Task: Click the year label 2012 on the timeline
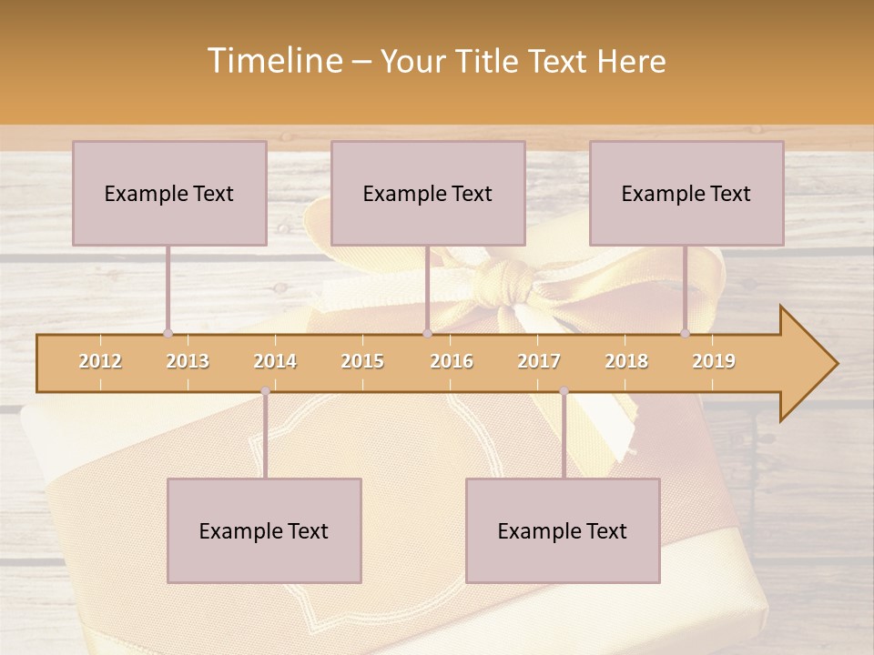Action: pyautogui.click(x=100, y=361)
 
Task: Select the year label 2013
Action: pyautogui.click(x=188, y=361)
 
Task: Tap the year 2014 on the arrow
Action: pyautogui.click(x=275, y=361)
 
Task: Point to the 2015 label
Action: pyautogui.click(x=362, y=361)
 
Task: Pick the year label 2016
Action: pyautogui.click(x=452, y=361)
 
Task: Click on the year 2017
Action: pyautogui.click(x=539, y=361)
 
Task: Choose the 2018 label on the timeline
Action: pyautogui.click(x=626, y=361)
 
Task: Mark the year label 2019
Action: pyautogui.click(x=714, y=361)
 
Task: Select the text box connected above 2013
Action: pyautogui.click(x=169, y=193)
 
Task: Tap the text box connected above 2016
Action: pyautogui.click(x=428, y=193)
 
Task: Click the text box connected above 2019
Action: pyautogui.click(x=686, y=193)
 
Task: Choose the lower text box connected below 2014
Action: pyautogui.click(x=264, y=530)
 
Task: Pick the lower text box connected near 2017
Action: pyautogui.click(x=563, y=530)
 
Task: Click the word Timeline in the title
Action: pyautogui.click(x=273, y=61)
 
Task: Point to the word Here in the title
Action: pyautogui.click(x=631, y=62)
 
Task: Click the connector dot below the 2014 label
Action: pyautogui.click(x=265, y=391)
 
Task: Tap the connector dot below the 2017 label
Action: pyautogui.click(x=564, y=391)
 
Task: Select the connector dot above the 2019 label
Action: pyautogui.click(x=686, y=333)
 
